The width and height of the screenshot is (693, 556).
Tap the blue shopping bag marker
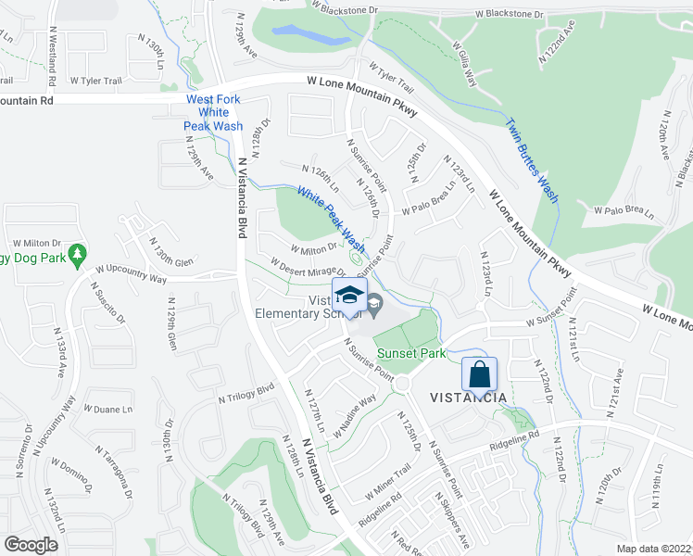479,375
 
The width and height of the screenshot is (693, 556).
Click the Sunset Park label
411,353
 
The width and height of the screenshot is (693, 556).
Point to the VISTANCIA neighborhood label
468,398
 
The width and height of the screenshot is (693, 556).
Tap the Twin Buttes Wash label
532,159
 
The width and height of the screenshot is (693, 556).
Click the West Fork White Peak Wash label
214,112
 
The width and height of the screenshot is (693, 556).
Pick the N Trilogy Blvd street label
247,392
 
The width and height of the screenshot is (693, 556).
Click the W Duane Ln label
108,408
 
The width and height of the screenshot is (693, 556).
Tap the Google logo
31,544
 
